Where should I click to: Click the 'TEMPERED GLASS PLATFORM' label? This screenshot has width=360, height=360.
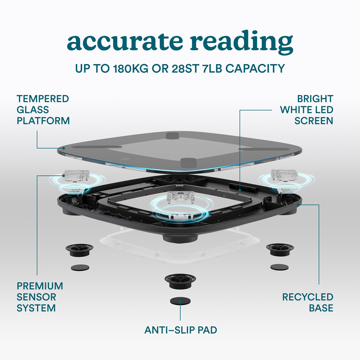[43, 109]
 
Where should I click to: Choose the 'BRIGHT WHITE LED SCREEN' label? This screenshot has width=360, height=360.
[307, 109]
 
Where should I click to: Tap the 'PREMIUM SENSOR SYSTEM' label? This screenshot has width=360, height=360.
[40, 297]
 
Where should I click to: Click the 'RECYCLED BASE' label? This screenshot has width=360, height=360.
[307, 302]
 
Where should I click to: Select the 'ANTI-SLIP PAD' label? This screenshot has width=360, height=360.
[181, 330]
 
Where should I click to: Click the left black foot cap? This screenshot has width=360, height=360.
[79, 249]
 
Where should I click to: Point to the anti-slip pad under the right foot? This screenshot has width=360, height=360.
[279, 267]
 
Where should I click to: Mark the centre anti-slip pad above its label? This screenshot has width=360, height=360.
[180, 301]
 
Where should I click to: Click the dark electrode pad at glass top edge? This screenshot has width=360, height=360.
[173, 135]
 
